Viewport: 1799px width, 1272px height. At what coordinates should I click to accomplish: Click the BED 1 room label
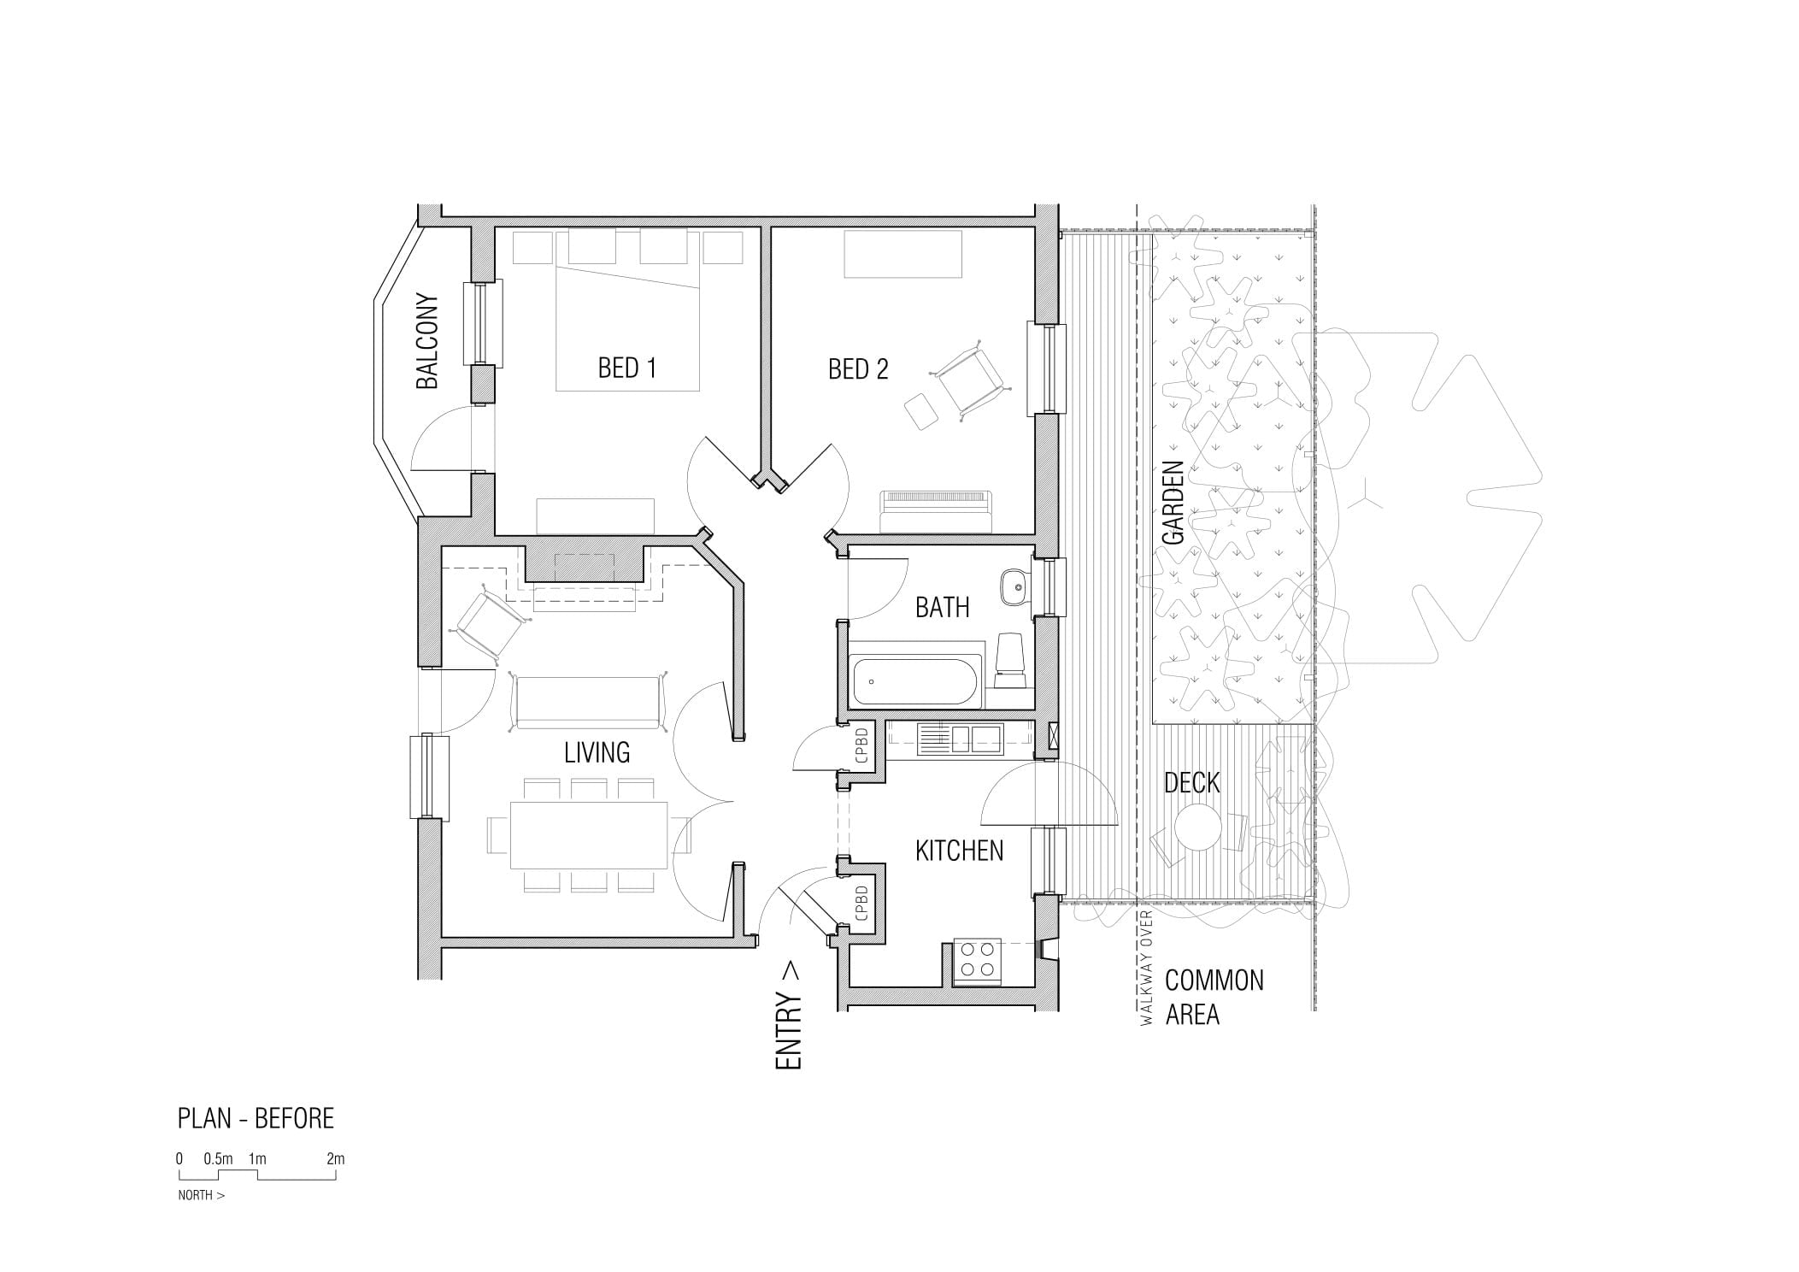[x=626, y=368]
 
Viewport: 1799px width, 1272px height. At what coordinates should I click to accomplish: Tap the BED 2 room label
[x=858, y=369]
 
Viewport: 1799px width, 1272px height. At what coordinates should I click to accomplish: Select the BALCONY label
[x=426, y=342]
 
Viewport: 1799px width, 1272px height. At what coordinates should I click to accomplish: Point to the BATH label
[x=942, y=608]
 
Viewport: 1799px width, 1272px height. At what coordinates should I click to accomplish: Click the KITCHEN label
[x=959, y=851]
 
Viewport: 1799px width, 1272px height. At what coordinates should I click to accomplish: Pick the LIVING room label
[x=597, y=752]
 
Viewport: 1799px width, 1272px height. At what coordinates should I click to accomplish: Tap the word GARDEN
[x=1173, y=503]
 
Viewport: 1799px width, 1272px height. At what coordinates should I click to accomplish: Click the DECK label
[x=1191, y=782]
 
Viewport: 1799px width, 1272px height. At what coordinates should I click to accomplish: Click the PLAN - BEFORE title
[x=256, y=1118]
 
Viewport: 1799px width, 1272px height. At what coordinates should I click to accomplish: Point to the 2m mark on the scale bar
[x=335, y=1159]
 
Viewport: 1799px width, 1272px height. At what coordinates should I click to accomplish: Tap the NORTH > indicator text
[x=202, y=1195]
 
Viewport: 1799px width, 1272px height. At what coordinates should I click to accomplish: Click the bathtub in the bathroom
[x=915, y=681]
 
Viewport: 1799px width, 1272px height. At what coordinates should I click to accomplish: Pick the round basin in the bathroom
[x=1014, y=586]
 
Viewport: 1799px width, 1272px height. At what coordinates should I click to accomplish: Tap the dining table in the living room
[x=589, y=835]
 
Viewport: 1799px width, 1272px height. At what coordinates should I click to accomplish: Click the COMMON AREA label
[x=1214, y=998]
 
